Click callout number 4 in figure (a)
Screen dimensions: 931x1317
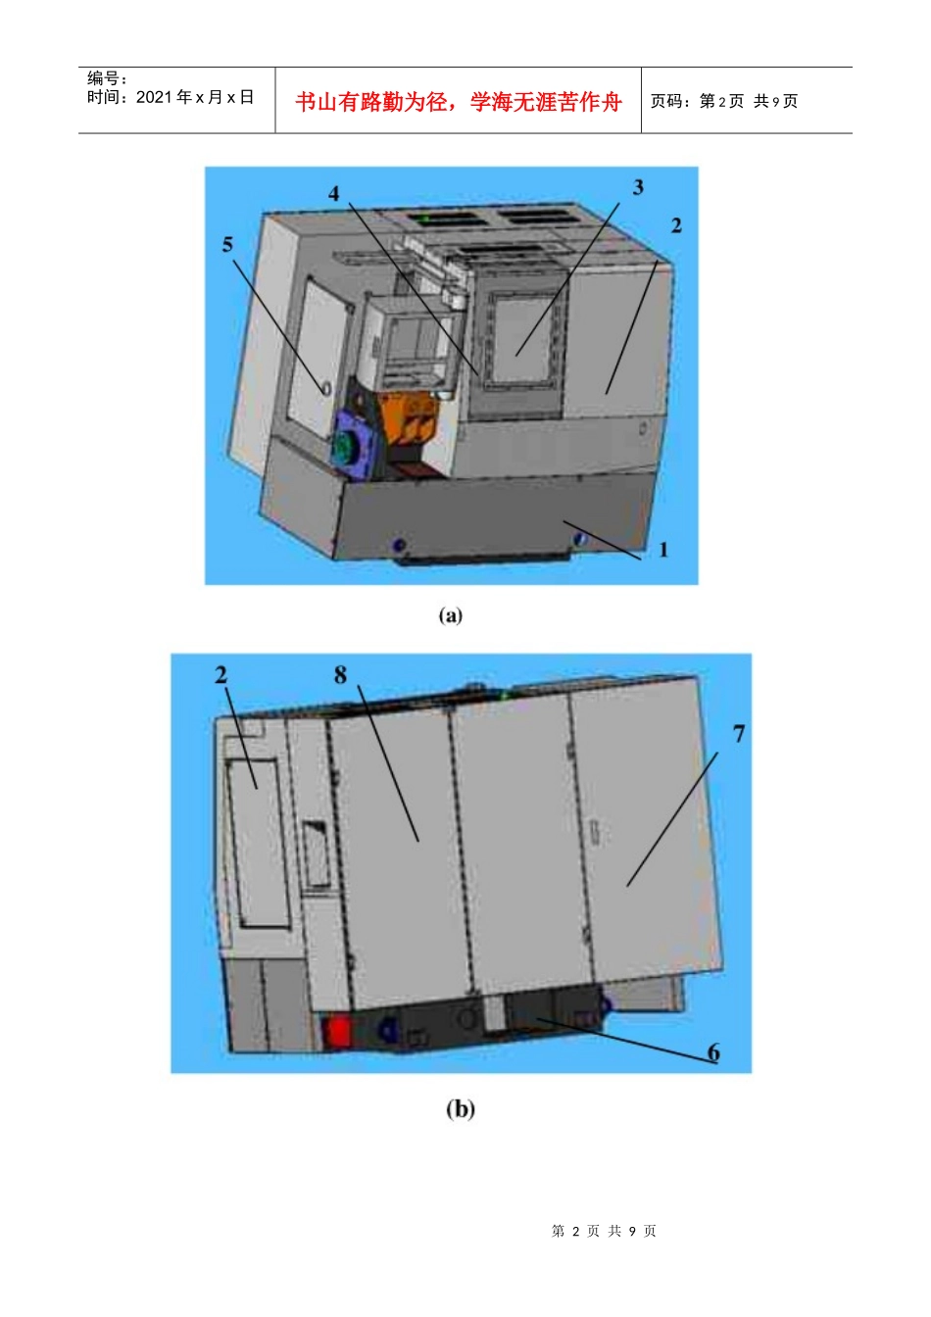point(333,193)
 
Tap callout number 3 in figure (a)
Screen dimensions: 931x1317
point(638,187)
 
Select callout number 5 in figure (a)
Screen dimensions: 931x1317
point(227,245)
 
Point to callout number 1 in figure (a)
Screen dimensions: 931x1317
point(663,550)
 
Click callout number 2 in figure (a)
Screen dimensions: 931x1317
point(676,225)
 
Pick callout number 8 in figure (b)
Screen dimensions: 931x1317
point(340,675)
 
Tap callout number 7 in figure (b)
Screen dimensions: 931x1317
point(739,733)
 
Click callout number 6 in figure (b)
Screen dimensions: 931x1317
point(713,1051)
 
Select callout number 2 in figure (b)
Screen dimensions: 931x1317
point(220,674)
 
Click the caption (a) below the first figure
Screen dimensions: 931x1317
point(451,615)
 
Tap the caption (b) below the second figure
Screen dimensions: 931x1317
point(460,1109)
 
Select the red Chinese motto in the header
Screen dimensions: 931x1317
point(458,102)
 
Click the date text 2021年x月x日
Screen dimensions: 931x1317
point(170,97)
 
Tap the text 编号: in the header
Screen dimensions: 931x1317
point(107,77)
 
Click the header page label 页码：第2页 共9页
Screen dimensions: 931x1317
point(724,101)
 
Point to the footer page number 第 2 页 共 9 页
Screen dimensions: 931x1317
point(604,1231)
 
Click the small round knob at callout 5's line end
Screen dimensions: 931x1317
point(325,389)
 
